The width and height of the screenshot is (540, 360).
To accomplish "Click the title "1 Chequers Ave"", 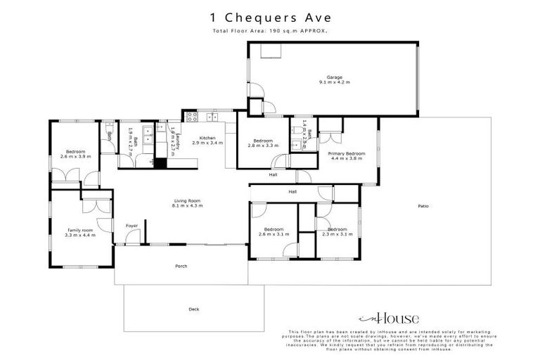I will [270, 18].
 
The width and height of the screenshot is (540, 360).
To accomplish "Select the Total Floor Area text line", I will [270, 32].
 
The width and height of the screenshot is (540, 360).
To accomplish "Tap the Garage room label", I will [333, 77].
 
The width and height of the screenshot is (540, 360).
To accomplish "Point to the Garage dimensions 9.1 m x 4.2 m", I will [333, 82].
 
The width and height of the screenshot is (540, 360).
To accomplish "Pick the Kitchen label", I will [207, 137].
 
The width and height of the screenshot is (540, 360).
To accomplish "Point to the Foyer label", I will [131, 226].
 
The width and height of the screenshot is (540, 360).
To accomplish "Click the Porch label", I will [181, 266].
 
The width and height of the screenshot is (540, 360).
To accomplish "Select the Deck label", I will [194, 309].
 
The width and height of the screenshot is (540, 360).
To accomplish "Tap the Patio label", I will [423, 206].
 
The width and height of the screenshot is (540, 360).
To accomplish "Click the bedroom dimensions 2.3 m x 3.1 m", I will [337, 235].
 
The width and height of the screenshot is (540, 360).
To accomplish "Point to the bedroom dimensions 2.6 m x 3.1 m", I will [274, 235].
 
